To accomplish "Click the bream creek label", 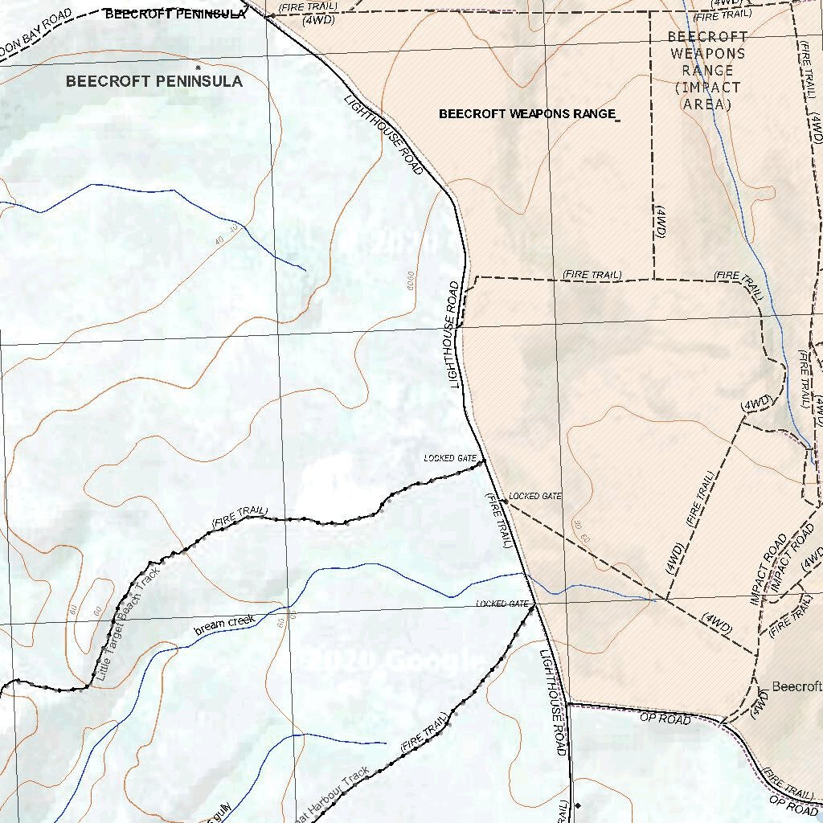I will (x=224, y=624).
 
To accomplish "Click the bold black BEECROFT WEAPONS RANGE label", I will (x=527, y=114).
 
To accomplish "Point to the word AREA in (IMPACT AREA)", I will (x=707, y=104).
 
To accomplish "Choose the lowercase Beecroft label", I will (x=796, y=687).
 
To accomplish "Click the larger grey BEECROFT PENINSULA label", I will (x=154, y=81).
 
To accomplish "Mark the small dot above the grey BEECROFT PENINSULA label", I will (x=198, y=67).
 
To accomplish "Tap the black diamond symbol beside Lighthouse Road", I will (x=577, y=805).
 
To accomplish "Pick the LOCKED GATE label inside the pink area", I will (x=535, y=497).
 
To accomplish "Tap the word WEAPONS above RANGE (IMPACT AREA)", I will (x=707, y=54).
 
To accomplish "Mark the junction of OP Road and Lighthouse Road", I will (x=567, y=704).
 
